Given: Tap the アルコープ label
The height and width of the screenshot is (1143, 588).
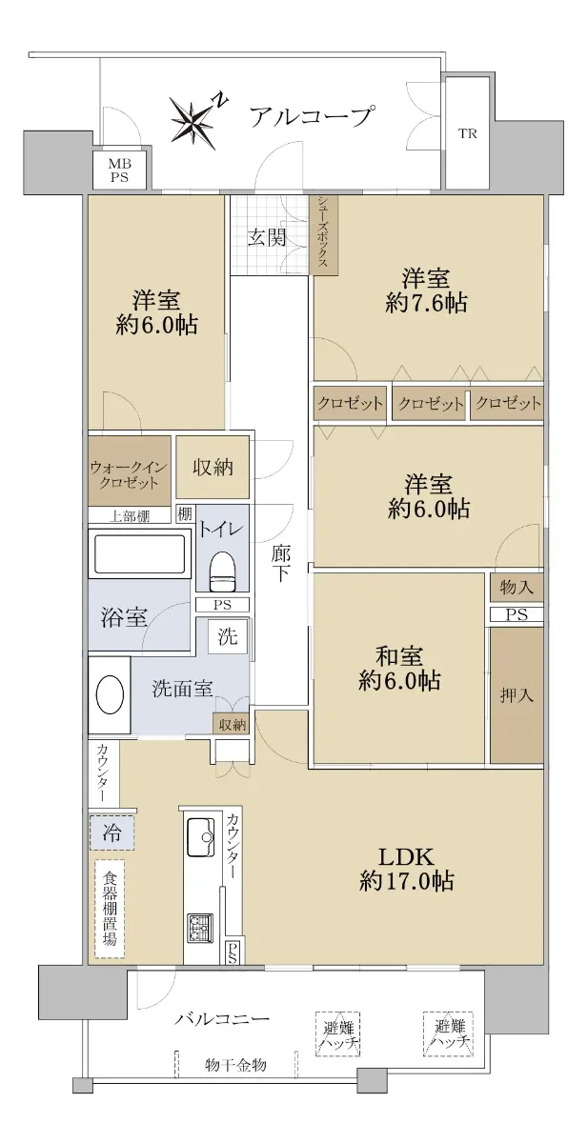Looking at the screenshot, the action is [310, 116].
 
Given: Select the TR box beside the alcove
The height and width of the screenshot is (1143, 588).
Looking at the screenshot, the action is [467, 133].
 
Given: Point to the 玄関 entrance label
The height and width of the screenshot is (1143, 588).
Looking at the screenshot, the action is [267, 238].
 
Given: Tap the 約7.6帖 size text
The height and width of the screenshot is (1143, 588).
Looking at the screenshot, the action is [426, 304].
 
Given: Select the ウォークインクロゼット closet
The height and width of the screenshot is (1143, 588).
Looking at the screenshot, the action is [130, 471].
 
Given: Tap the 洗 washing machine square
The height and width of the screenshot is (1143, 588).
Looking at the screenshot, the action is [228, 636].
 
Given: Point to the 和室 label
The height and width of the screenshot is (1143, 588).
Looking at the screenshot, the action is [398, 655].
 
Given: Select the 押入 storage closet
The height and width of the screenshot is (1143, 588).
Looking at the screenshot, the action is [517, 695].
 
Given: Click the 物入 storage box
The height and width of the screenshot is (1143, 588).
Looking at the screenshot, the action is [517, 588].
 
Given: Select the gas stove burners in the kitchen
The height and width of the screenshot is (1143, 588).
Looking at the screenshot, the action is [199, 930].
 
